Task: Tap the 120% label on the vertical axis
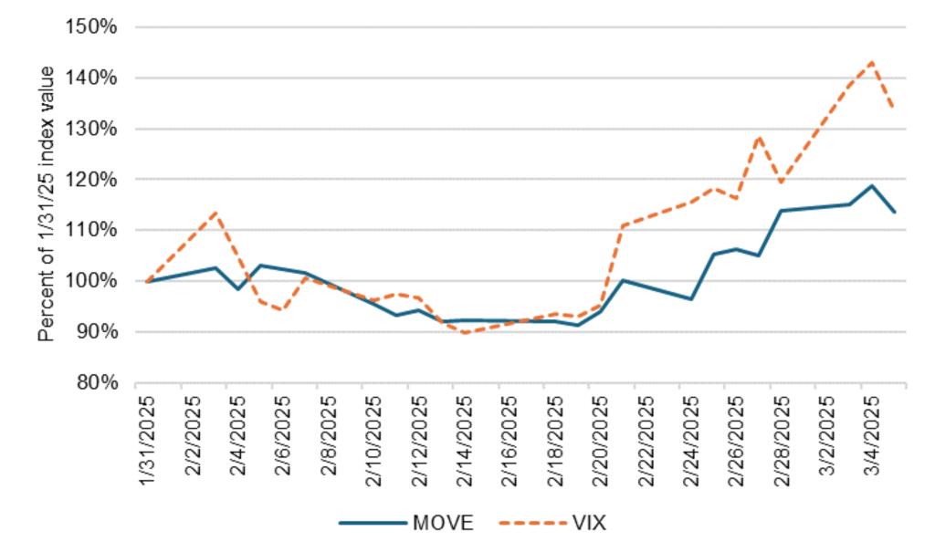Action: click(x=94, y=180)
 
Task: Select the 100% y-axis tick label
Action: click(x=94, y=281)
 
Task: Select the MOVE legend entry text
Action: click(x=444, y=522)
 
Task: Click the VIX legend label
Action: click(x=591, y=522)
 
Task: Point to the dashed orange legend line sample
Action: click(x=531, y=522)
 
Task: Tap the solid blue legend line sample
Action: click(x=372, y=522)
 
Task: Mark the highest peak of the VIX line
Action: click(x=872, y=62)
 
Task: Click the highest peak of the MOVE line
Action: click(x=872, y=185)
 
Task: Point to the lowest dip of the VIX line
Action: click(x=465, y=332)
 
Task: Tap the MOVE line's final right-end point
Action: click(x=894, y=212)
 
